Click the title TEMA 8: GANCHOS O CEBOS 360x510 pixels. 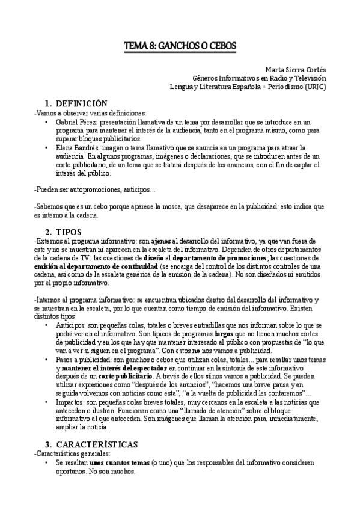point(180,45)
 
